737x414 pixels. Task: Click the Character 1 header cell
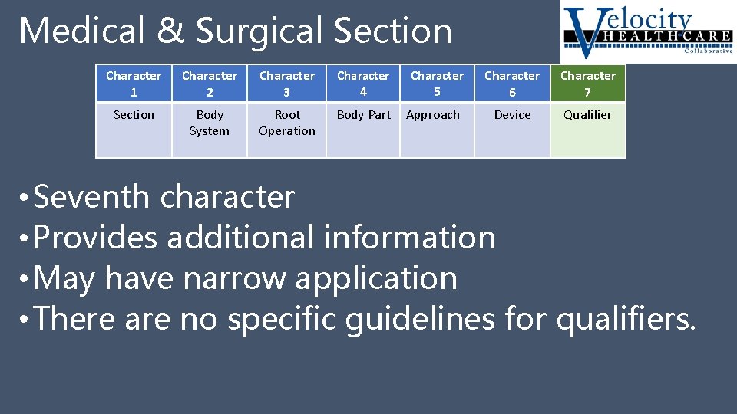coord(134,84)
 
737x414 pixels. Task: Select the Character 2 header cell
coord(210,84)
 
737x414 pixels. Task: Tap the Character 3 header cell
coord(287,84)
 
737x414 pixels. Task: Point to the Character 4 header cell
coord(363,84)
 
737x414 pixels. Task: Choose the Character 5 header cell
coord(437,84)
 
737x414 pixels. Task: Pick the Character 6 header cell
coord(512,84)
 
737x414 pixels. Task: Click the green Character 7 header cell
coord(588,84)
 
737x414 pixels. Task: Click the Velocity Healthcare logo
coord(647,31)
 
